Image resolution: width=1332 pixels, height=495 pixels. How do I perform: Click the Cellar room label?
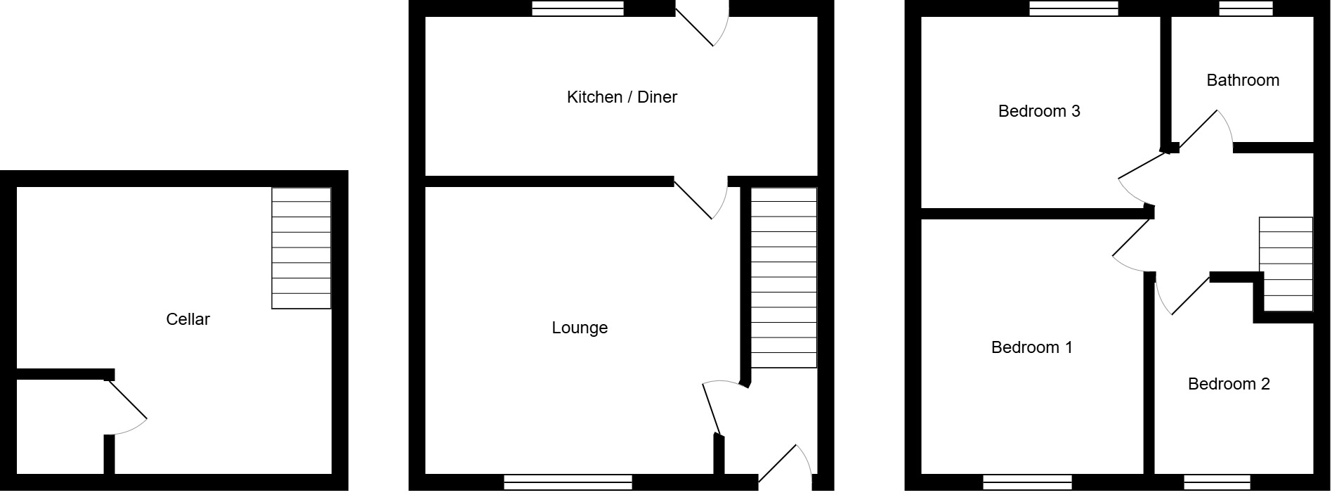click(188, 319)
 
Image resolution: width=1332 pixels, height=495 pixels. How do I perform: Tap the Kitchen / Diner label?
click(622, 97)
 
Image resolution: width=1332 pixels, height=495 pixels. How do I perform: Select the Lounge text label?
click(580, 328)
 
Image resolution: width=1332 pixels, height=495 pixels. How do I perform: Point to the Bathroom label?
click(1242, 80)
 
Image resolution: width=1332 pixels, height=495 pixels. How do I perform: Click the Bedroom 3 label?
click(1038, 111)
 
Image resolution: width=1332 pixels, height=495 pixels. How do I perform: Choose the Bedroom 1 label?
click(1031, 347)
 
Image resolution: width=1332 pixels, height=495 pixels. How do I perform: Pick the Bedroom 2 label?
click(1228, 384)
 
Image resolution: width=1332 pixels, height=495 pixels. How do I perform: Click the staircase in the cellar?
click(301, 247)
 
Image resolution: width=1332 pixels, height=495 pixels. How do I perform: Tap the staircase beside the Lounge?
click(784, 277)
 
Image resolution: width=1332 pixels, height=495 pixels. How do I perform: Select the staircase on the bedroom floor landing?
click(1285, 264)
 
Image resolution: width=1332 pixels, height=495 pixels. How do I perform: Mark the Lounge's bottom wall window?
click(568, 482)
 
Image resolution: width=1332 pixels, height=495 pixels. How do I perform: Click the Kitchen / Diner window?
click(577, 8)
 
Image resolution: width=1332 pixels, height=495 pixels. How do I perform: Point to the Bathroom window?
click(1246, 8)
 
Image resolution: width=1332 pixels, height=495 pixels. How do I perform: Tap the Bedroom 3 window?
click(1073, 8)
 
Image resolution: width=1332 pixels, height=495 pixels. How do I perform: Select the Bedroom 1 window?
click(1027, 482)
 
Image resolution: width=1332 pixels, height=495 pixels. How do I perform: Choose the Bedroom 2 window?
click(1217, 482)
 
